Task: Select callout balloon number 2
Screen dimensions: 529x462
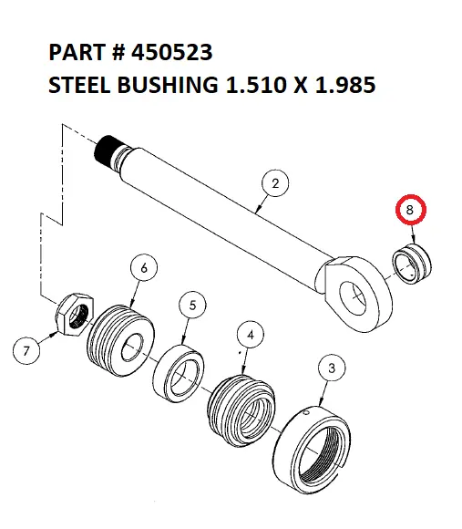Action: point(275,184)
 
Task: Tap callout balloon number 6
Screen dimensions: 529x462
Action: point(143,267)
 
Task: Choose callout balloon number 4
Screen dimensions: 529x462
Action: point(252,334)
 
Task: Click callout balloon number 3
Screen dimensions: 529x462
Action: point(332,368)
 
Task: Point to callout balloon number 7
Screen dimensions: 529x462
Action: point(27,349)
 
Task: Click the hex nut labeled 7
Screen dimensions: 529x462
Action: point(76,315)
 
